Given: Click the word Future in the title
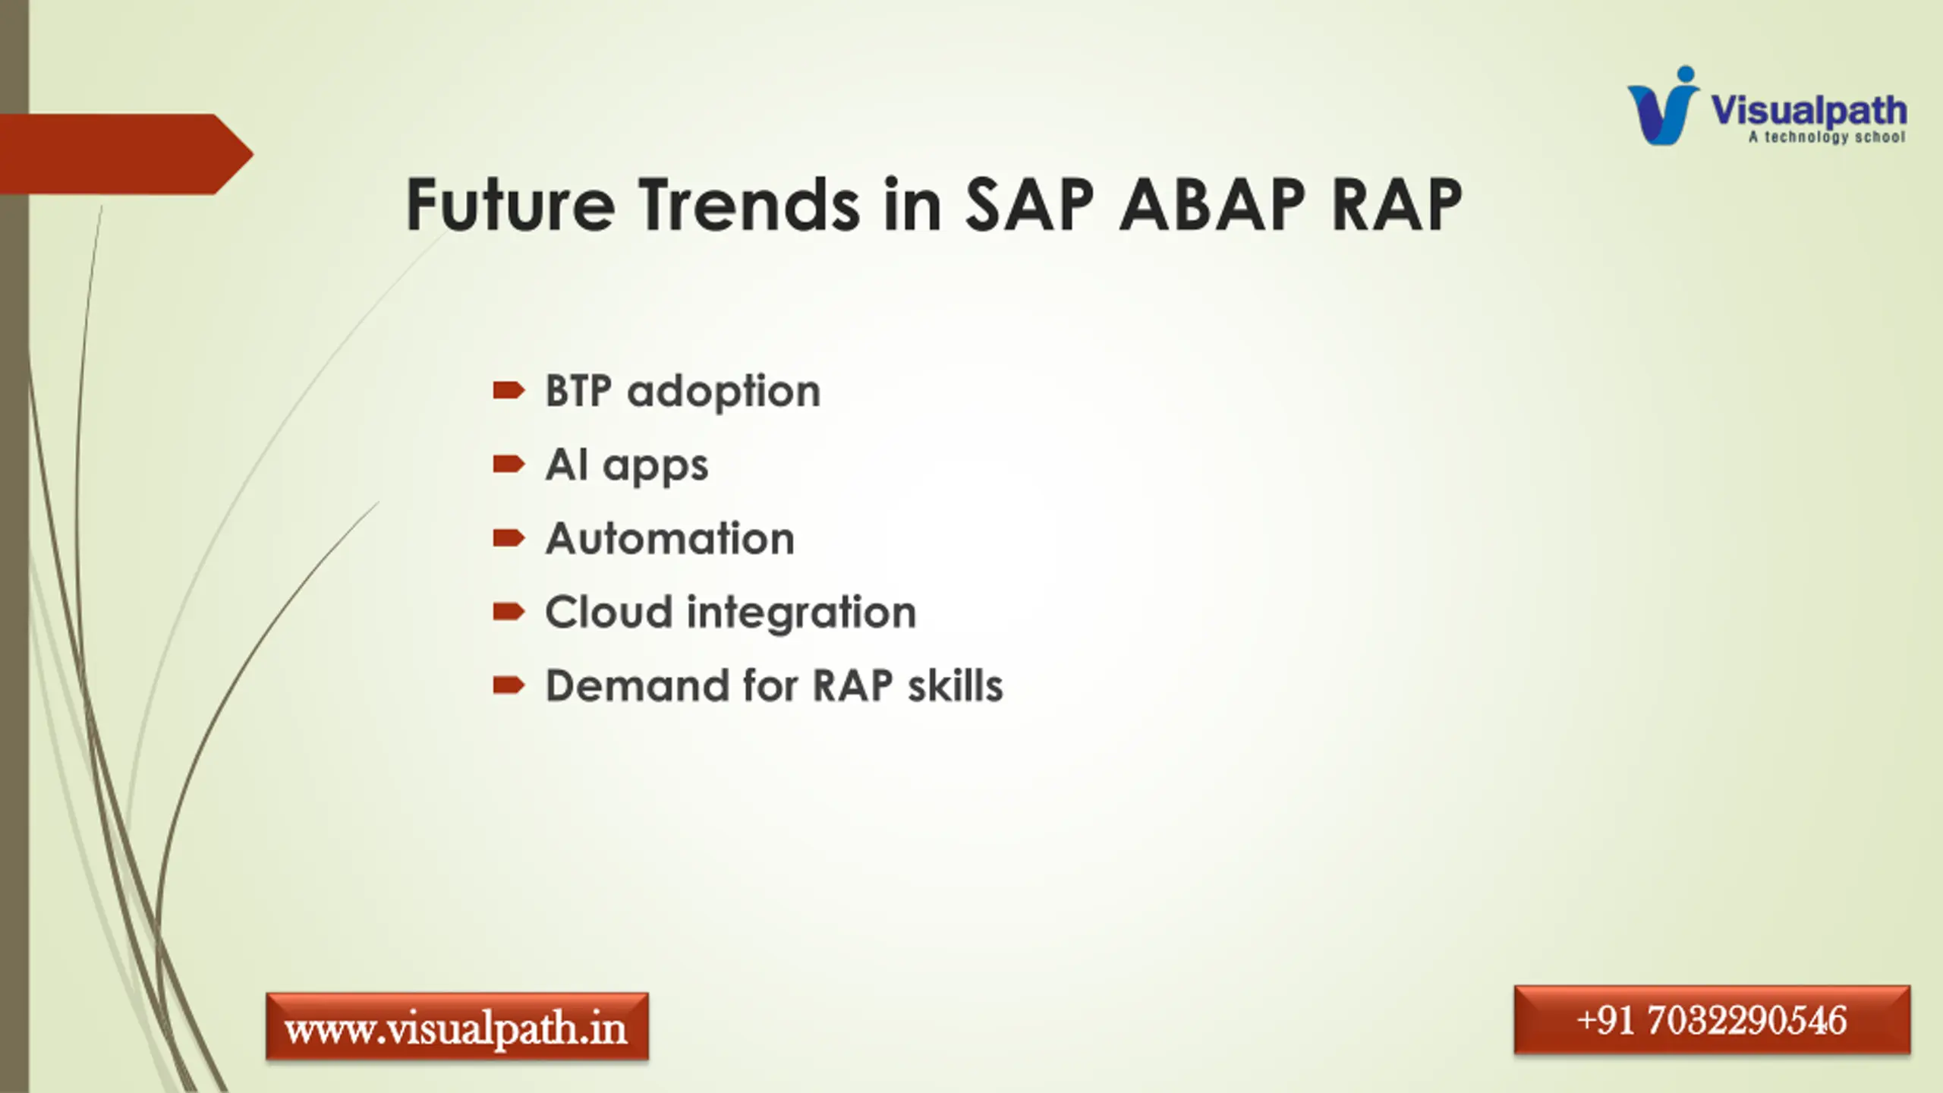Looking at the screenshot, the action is coord(510,205).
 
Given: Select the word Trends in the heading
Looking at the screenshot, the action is coord(748,205).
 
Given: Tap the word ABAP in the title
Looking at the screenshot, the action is coord(1212,205).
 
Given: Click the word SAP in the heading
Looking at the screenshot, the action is coord(1029,205).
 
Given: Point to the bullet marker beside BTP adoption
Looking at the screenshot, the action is coord(509,391).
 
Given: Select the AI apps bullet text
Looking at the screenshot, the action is coord(627,465).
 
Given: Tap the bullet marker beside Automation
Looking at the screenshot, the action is coord(509,538).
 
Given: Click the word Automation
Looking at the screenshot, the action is coord(670,538).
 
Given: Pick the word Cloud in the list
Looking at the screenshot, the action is coord(609,612).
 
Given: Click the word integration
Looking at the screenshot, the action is coord(801,614).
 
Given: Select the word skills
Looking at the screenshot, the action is coord(956,685).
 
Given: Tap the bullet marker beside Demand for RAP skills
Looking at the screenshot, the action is coord(509,685).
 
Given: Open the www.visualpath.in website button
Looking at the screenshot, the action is coord(457,1026).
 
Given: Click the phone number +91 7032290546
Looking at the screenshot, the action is coord(1712,1020).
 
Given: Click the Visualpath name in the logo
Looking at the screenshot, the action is coord(1809,112).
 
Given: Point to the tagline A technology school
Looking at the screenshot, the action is coord(1827,137).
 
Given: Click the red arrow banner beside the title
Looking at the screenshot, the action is coord(126,154).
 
